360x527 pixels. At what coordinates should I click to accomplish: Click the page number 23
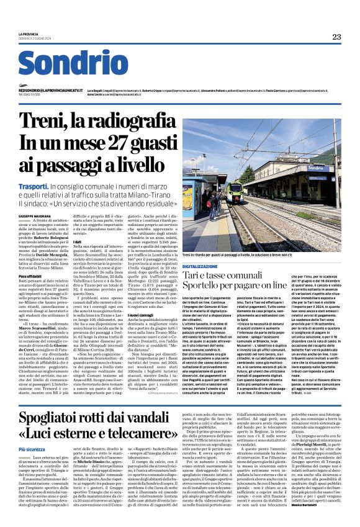(x=336, y=37)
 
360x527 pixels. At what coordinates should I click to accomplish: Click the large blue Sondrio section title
(x=73, y=64)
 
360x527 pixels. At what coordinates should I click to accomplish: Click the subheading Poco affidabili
(x=30, y=276)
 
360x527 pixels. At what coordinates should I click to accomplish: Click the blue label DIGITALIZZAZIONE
(x=200, y=265)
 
